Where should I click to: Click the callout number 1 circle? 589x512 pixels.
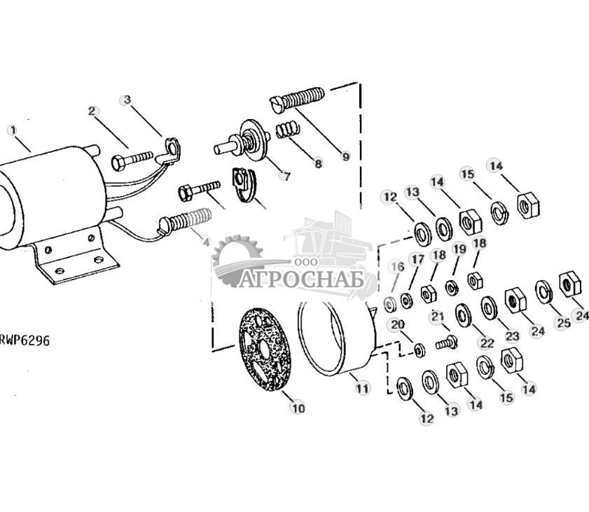point(12,130)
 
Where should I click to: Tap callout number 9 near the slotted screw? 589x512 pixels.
point(345,157)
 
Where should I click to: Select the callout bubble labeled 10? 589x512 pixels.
point(298,408)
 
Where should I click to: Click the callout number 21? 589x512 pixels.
point(437,317)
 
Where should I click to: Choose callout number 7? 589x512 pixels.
point(284,175)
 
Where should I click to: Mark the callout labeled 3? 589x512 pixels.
point(126,99)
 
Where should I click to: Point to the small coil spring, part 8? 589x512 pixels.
point(284,130)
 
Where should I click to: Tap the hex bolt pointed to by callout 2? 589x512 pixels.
point(131,160)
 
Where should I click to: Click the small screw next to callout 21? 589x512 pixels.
point(445,343)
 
